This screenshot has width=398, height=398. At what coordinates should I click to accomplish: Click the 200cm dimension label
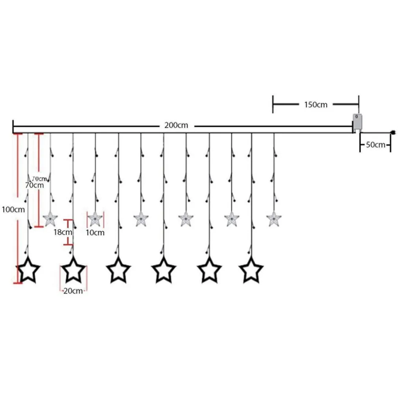point(176,125)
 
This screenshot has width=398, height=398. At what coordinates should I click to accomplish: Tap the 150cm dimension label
point(316,105)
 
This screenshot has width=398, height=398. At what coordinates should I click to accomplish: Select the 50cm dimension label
point(375,145)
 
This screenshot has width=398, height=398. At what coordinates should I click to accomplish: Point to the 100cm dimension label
point(13,209)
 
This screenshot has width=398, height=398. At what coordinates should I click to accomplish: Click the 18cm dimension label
point(63,232)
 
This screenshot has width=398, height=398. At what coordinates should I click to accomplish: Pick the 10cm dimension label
point(95,232)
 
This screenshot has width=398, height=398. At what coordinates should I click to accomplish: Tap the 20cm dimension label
point(73,291)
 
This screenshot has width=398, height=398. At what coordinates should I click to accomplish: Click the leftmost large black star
point(28,270)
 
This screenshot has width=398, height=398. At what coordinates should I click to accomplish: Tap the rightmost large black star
point(251,270)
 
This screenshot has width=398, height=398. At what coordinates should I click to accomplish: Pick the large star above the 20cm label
point(73,270)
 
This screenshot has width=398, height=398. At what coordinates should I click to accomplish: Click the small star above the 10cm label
point(95,218)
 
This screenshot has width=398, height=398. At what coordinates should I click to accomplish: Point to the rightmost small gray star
point(273,218)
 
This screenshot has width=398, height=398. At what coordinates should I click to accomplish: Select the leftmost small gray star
point(50,218)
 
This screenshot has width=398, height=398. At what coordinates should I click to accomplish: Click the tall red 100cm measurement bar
point(17,209)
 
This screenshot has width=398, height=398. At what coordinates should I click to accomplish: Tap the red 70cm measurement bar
point(39,180)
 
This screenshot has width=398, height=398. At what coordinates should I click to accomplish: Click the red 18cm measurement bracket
point(69,232)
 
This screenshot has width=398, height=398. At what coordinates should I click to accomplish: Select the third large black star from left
point(118,270)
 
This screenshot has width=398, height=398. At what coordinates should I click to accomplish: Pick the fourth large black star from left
point(163,270)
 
